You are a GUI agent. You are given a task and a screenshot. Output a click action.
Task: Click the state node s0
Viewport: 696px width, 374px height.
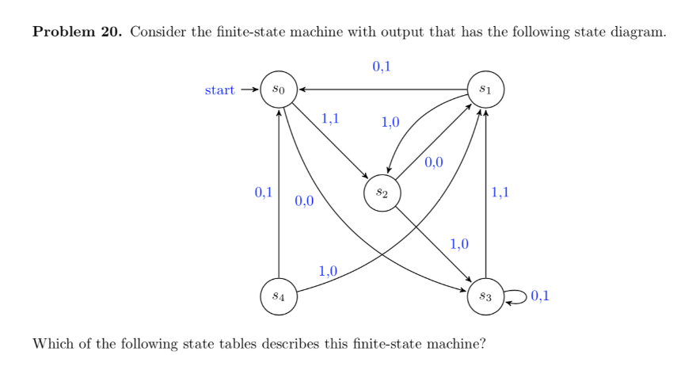(279, 90)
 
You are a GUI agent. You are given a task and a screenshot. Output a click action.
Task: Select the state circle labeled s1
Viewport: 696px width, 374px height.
(485, 90)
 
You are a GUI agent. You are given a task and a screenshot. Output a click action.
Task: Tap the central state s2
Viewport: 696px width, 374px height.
(382, 193)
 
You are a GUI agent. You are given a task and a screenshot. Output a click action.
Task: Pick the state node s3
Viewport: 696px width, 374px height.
(485, 296)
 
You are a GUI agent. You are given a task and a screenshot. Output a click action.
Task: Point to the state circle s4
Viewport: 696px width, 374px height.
(279, 296)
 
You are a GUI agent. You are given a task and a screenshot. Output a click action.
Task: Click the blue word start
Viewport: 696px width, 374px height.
(219, 90)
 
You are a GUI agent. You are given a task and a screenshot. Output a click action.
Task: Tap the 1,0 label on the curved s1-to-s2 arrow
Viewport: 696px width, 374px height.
(390, 122)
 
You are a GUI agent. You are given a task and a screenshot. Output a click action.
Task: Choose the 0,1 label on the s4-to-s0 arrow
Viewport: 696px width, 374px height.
(263, 192)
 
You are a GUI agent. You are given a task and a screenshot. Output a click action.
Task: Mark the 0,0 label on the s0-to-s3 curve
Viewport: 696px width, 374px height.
(304, 201)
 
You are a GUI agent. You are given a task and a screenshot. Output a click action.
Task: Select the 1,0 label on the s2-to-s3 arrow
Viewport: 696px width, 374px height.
(459, 243)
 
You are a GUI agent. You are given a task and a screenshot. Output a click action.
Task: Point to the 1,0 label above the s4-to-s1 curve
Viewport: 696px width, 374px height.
(328, 271)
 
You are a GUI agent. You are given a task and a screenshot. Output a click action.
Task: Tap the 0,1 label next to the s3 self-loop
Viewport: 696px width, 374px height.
(542, 297)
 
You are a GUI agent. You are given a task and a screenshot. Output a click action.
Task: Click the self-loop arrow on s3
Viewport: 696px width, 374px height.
(515, 296)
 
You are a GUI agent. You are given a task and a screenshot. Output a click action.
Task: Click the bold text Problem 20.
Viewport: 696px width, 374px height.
(77, 32)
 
